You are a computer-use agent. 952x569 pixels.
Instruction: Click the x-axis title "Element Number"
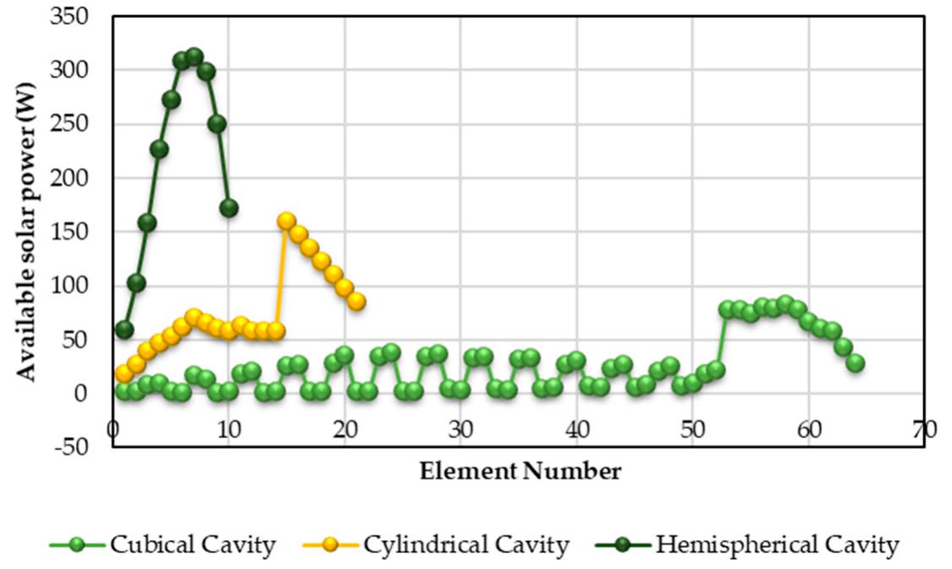point(520,471)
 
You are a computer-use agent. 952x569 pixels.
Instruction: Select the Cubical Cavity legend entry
point(162,545)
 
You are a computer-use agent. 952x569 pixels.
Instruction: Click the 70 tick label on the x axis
point(924,429)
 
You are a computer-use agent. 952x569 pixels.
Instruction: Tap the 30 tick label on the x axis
point(460,429)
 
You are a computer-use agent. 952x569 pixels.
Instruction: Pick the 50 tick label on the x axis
point(692,429)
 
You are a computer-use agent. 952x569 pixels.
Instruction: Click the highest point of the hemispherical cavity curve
point(194,57)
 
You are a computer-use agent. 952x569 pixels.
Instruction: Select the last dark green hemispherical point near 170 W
point(228,208)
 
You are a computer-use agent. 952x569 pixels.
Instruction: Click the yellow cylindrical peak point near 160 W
point(286,221)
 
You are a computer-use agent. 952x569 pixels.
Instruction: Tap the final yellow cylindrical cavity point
point(356,301)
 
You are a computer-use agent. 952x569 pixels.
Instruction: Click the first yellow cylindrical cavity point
point(124,373)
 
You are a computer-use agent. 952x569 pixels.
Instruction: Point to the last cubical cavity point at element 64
point(855,363)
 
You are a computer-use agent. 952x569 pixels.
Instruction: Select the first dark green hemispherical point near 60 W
point(124,329)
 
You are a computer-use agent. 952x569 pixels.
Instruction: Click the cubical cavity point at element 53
point(727,309)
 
